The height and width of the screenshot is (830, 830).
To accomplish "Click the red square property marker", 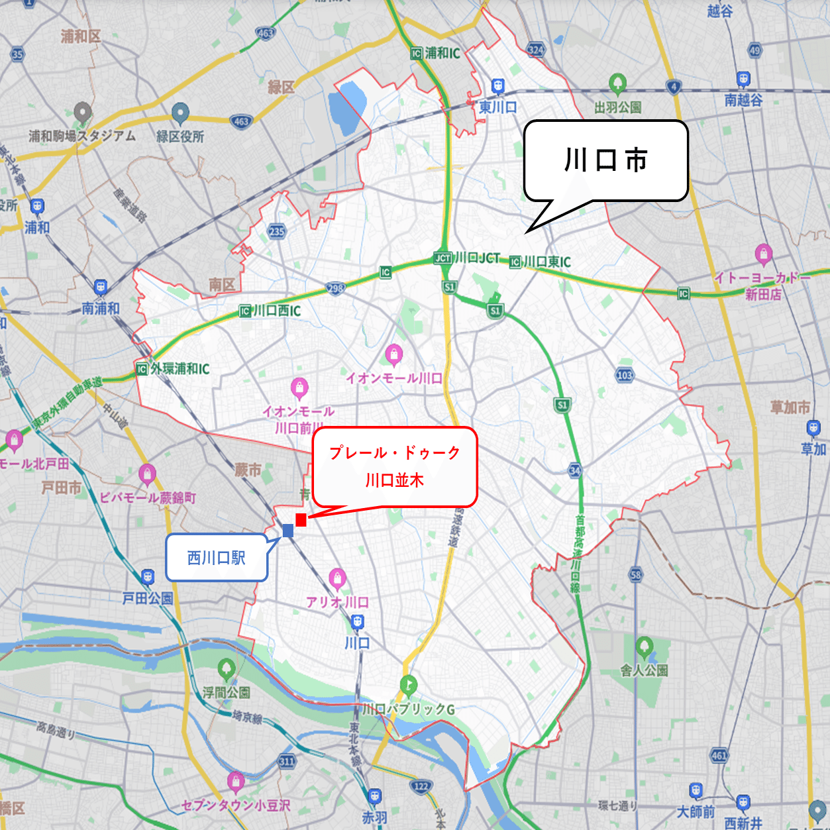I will click(x=301, y=520).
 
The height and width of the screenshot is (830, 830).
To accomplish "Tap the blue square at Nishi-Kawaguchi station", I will click(x=288, y=530).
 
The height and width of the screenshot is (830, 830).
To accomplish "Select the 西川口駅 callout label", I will click(x=217, y=558).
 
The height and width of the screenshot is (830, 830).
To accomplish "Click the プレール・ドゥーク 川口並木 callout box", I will click(x=395, y=466).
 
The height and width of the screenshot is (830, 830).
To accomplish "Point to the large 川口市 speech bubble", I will click(x=605, y=161).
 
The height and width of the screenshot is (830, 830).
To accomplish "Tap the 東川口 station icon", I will click(x=497, y=86).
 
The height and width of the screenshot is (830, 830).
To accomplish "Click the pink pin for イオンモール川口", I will click(x=394, y=354).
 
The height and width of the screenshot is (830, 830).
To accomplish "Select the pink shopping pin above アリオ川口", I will click(x=337, y=578).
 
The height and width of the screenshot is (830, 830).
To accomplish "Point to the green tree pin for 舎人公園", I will click(x=644, y=647).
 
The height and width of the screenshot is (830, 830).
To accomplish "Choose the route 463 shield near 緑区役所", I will click(x=242, y=121).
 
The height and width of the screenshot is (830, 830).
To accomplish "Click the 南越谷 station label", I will click(x=743, y=100).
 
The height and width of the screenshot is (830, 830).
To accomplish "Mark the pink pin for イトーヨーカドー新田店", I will click(x=763, y=254).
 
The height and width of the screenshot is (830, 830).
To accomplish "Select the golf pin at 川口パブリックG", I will click(x=409, y=686).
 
